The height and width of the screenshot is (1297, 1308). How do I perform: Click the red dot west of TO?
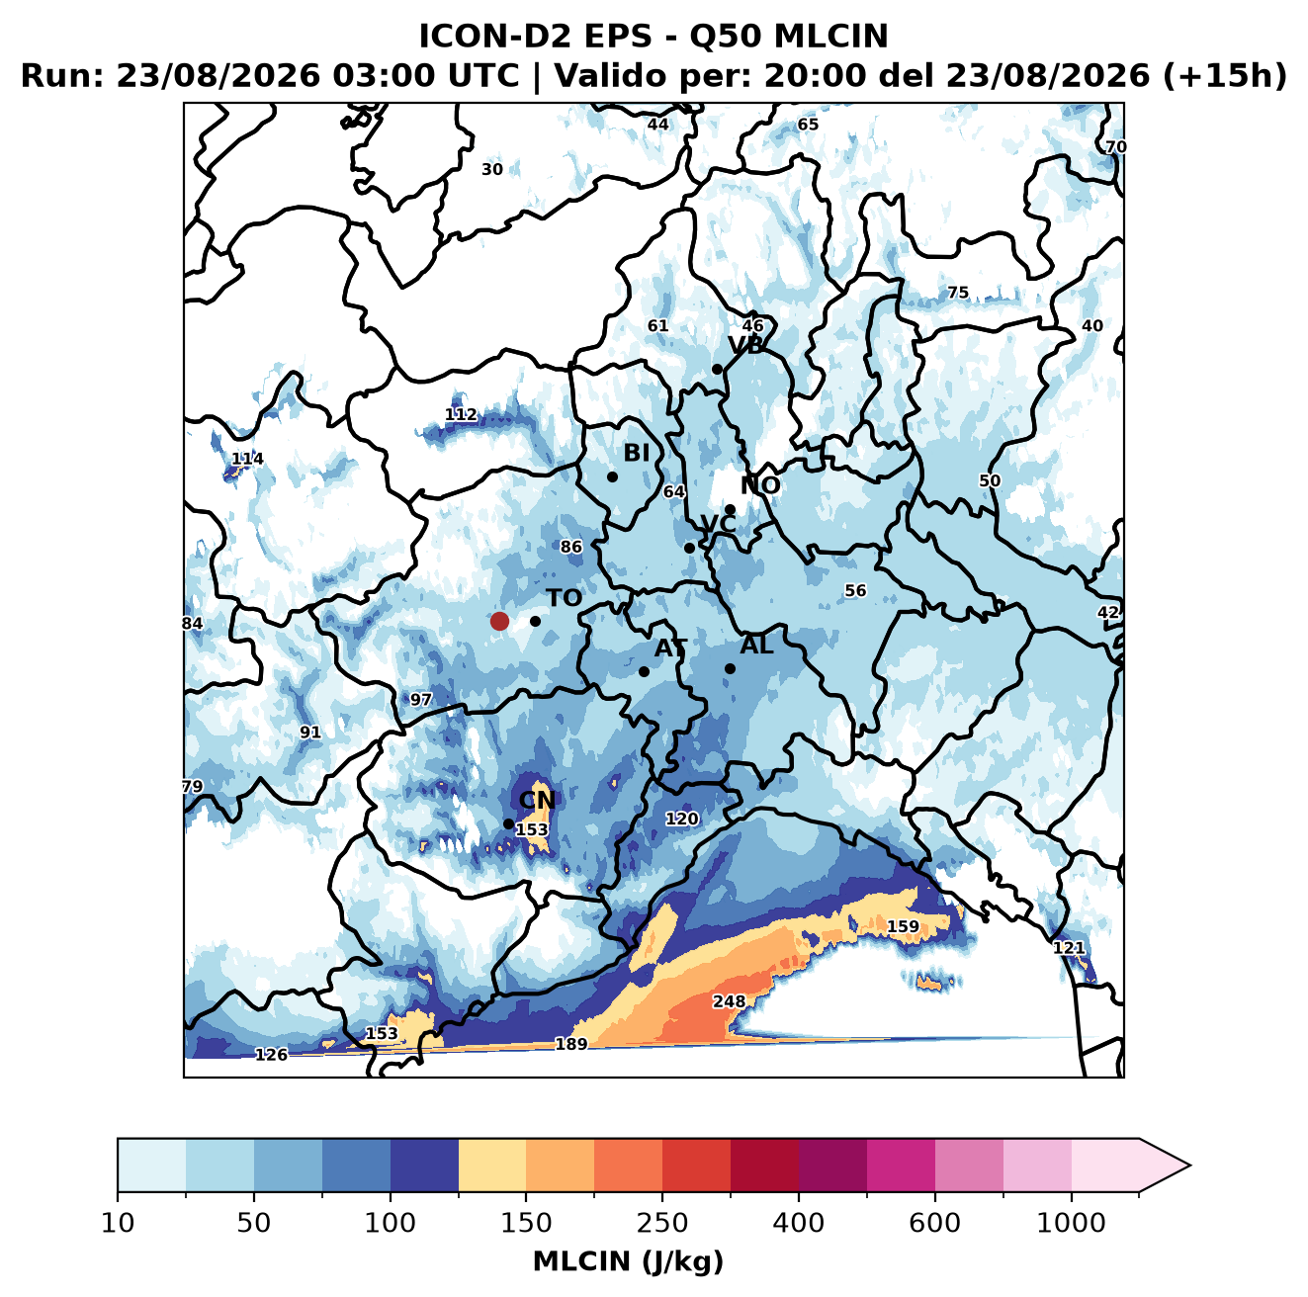point(499,621)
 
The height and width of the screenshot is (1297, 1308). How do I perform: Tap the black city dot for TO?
point(535,622)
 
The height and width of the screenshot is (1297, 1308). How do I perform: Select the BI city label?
point(636,454)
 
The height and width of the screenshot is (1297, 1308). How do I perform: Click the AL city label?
point(756,646)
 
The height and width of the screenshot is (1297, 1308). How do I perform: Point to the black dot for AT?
point(644,672)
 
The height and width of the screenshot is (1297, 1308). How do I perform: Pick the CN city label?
point(537,801)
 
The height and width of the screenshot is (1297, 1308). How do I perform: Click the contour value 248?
point(729,1001)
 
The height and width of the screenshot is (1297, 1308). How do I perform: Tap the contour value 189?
point(571,1045)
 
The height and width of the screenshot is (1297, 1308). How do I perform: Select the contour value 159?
point(904,927)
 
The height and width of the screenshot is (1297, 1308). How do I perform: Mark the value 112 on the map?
point(461,414)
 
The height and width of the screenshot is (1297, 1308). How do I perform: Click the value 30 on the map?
point(492,170)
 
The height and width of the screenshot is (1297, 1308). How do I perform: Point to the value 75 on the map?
point(958,294)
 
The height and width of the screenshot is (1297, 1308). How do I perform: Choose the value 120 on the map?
point(681,820)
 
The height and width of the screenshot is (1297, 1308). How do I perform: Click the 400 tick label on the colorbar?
point(798,1223)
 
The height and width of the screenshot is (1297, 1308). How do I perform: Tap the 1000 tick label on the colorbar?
point(1071,1223)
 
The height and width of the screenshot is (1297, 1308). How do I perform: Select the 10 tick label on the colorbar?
point(118,1223)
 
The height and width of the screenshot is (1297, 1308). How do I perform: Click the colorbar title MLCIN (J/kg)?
point(628,1262)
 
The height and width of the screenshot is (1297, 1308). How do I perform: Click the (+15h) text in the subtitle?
point(1225,76)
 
